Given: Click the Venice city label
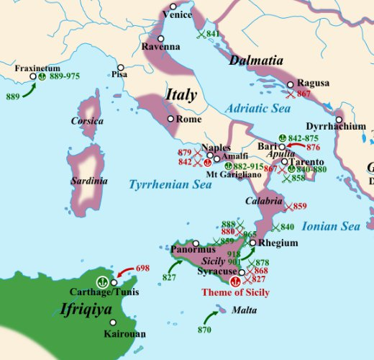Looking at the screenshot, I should click(x=178, y=14).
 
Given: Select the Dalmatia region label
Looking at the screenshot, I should click(x=255, y=61).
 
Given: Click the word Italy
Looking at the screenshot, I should click(x=181, y=94).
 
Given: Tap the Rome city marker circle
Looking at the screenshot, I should click(x=170, y=119).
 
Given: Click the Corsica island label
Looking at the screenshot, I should click(x=87, y=121).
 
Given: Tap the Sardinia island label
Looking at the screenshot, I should click(x=88, y=181).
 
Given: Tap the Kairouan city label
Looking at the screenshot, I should click(x=124, y=334).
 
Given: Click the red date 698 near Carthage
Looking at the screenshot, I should click(x=142, y=269).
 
